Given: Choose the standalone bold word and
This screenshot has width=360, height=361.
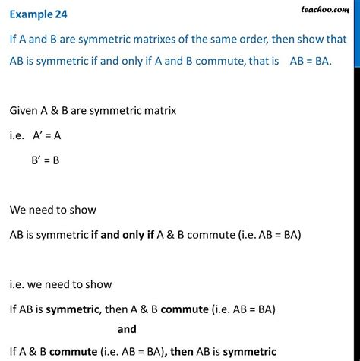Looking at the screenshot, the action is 128,330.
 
